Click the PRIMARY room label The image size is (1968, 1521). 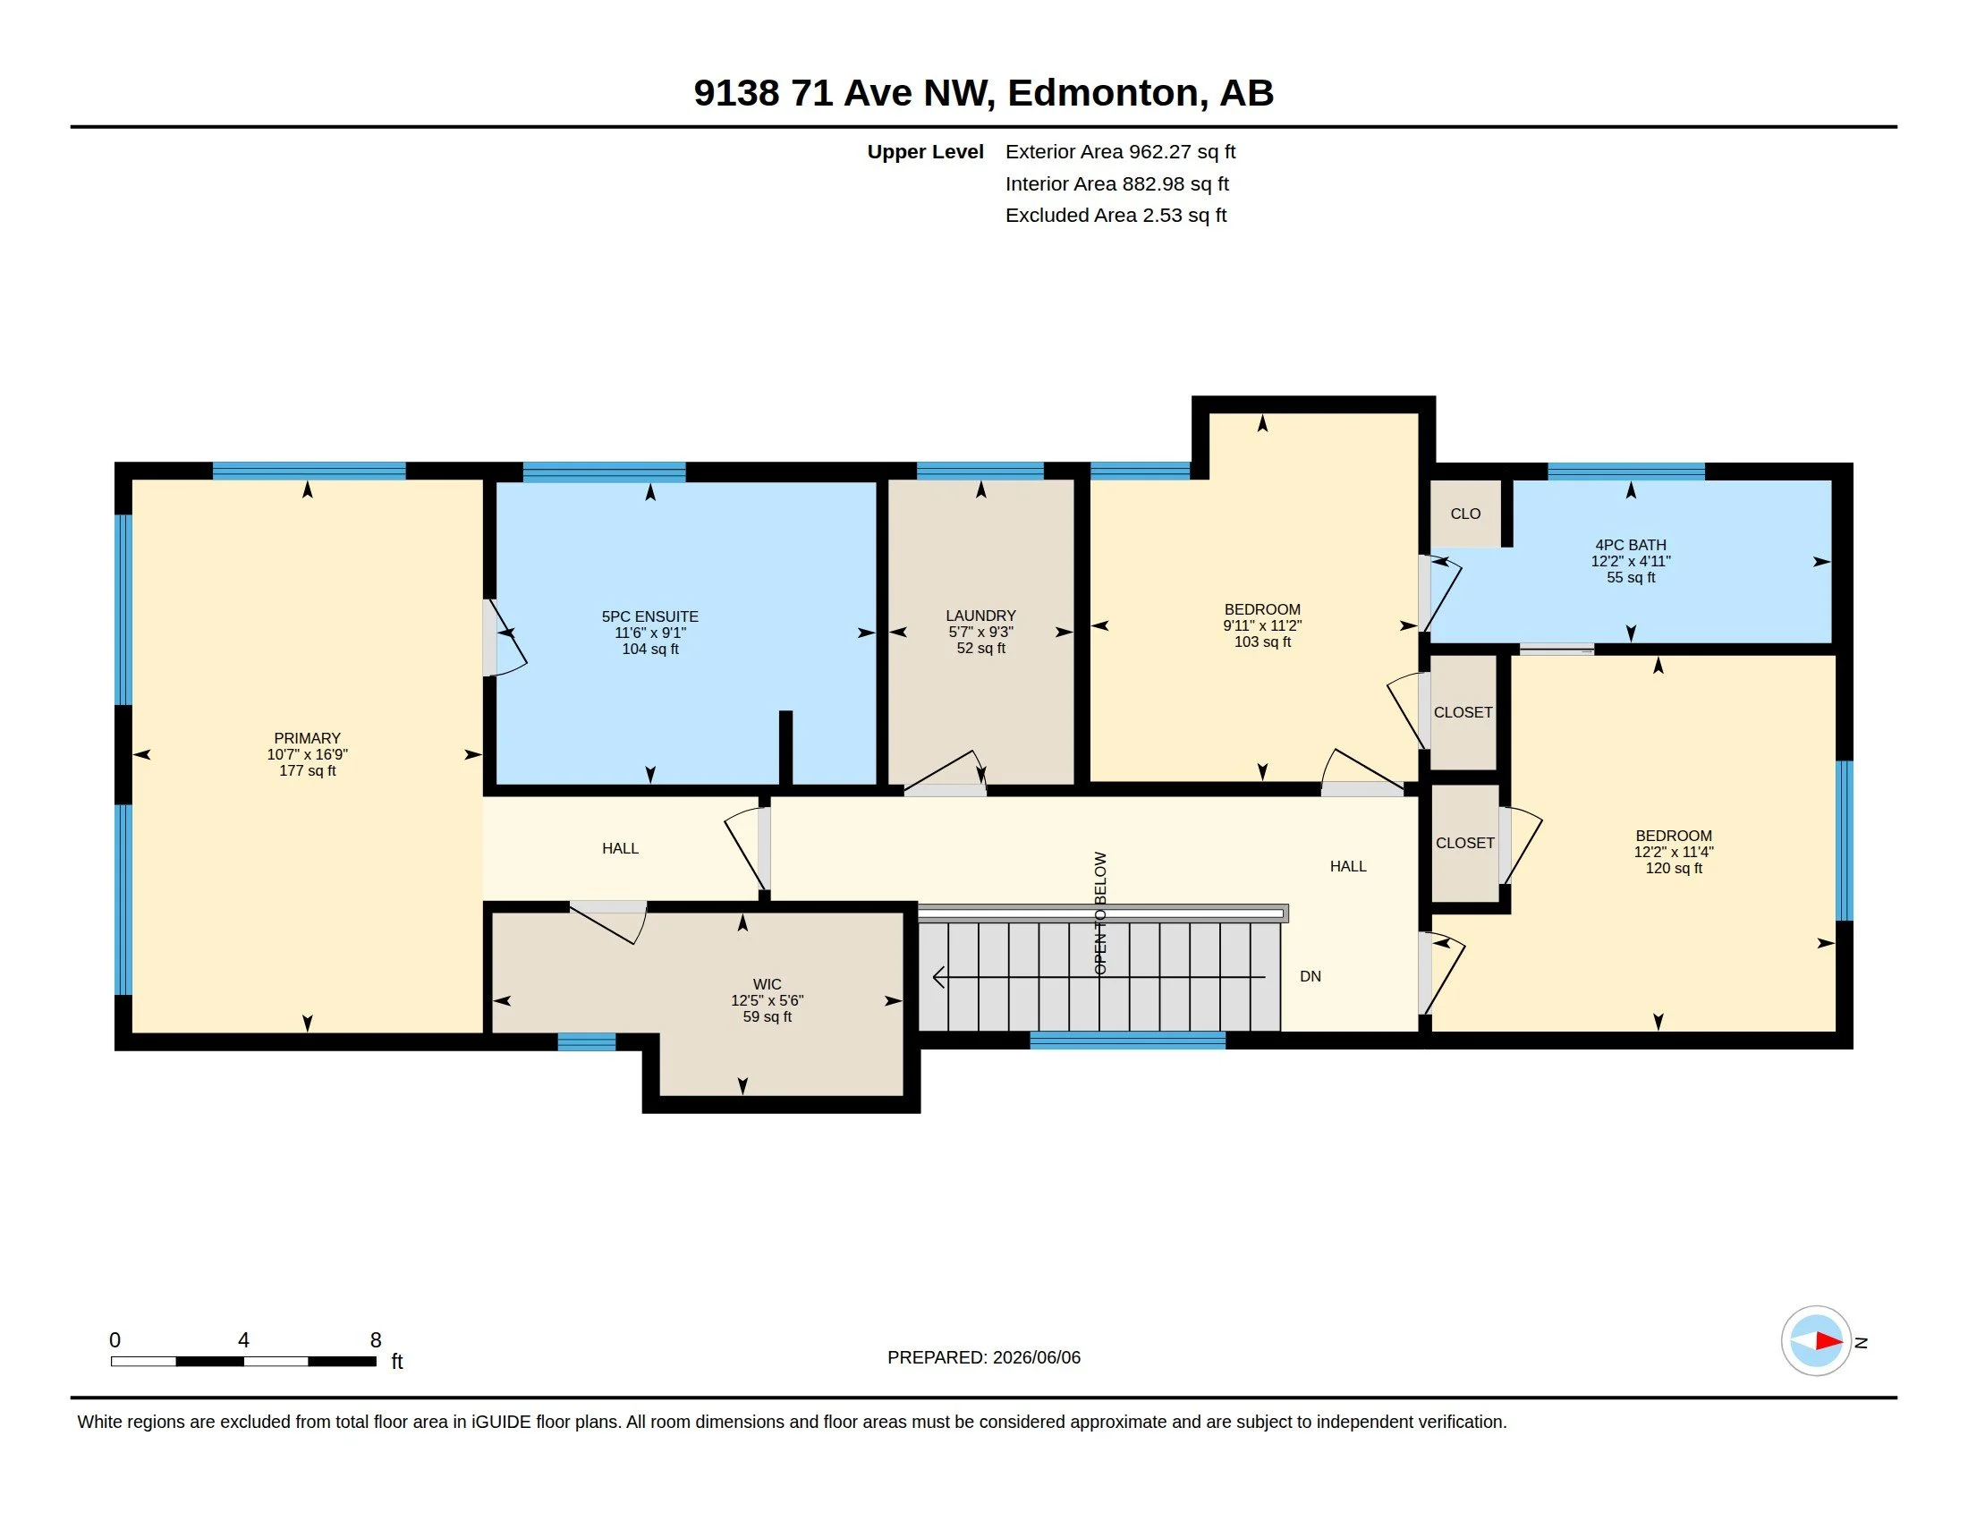(306, 738)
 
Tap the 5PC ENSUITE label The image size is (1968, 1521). (649, 616)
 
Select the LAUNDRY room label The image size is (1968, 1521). (980, 616)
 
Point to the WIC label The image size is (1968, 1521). (767, 984)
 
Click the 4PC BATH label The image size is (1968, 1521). (1630, 544)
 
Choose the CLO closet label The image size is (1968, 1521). (1465, 514)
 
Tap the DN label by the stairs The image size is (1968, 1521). (1311, 976)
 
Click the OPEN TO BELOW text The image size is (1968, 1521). (1099, 913)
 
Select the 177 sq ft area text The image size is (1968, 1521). (307, 770)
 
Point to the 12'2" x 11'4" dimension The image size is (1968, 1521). (1674, 852)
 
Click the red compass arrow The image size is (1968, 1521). (1828, 1341)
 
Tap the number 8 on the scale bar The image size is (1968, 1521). (376, 1340)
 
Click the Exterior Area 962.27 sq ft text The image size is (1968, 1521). (1120, 151)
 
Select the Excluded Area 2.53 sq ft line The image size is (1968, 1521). (1115, 216)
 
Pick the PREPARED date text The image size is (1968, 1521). (983, 1357)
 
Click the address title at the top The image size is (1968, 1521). (983, 92)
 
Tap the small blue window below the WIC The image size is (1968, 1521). (586, 1042)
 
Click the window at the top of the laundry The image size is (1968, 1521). (980, 471)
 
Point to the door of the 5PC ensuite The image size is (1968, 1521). (504, 637)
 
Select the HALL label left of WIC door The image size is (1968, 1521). (620, 848)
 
